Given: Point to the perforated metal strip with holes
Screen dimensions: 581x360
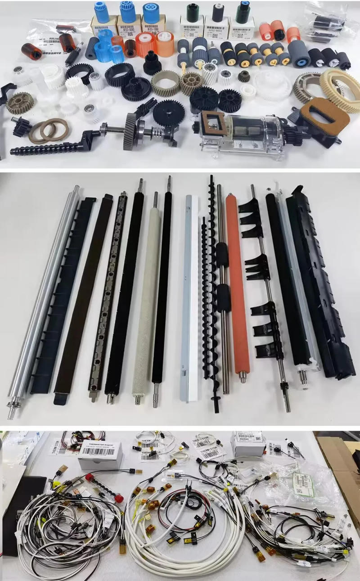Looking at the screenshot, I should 108,293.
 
